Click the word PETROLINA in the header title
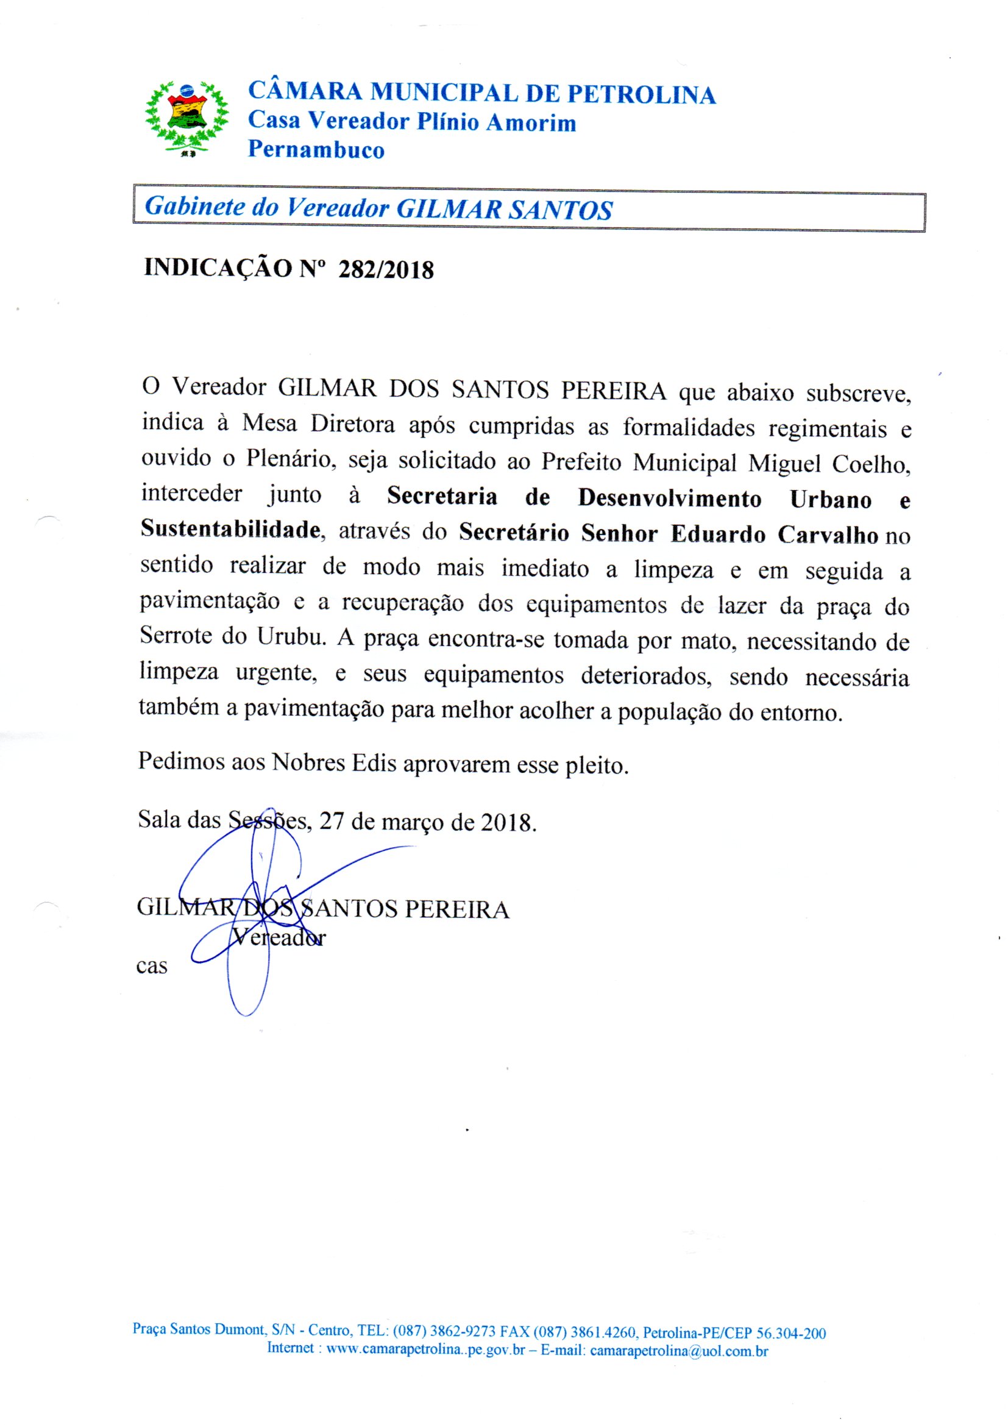tap(642, 94)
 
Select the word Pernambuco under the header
tap(316, 149)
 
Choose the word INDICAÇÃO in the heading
tap(218, 268)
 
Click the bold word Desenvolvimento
tap(669, 499)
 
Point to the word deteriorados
tap(646, 675)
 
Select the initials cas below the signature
tap(152, 966)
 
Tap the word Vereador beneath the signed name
tap(279, 937)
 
